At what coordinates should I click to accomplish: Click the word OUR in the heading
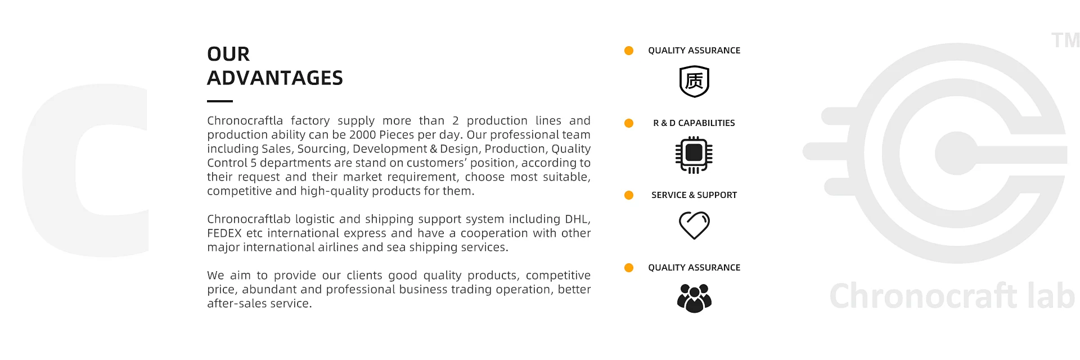[228, 54]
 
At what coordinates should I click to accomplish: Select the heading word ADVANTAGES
[275, 78]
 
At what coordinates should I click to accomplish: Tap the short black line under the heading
[220, 101]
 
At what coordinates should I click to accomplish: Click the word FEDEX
[224, 233]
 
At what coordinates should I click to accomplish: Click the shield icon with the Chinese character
[694, 82]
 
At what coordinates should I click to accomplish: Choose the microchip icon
[694, 154]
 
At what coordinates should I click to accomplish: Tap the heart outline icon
[694, 226]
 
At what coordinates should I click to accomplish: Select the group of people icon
[694, 298]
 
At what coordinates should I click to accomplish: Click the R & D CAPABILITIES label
[694, 123]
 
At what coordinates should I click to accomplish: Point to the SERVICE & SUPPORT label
[694, 195]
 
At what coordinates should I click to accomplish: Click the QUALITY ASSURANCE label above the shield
[694, 51]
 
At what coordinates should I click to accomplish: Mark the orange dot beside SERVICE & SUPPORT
[629, 195]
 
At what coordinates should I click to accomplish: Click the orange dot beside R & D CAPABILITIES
[629, 123]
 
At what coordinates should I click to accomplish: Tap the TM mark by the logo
[1065, 40]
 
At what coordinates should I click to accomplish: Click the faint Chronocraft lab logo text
[952, 296]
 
